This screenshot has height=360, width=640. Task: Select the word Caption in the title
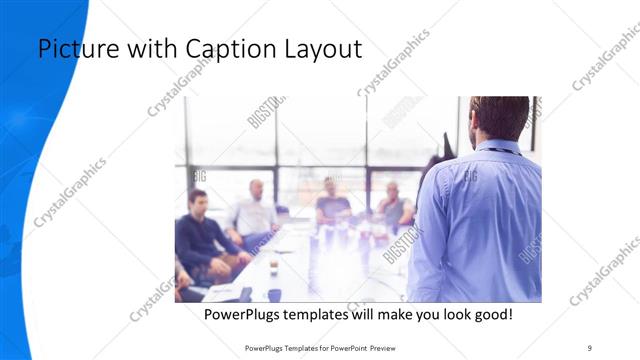(x=222, y=49)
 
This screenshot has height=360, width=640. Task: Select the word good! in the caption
(x=490, y=314)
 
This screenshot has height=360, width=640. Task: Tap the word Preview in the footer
(x=388, y=349)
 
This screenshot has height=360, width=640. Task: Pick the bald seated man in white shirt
(x=253, y=212)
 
